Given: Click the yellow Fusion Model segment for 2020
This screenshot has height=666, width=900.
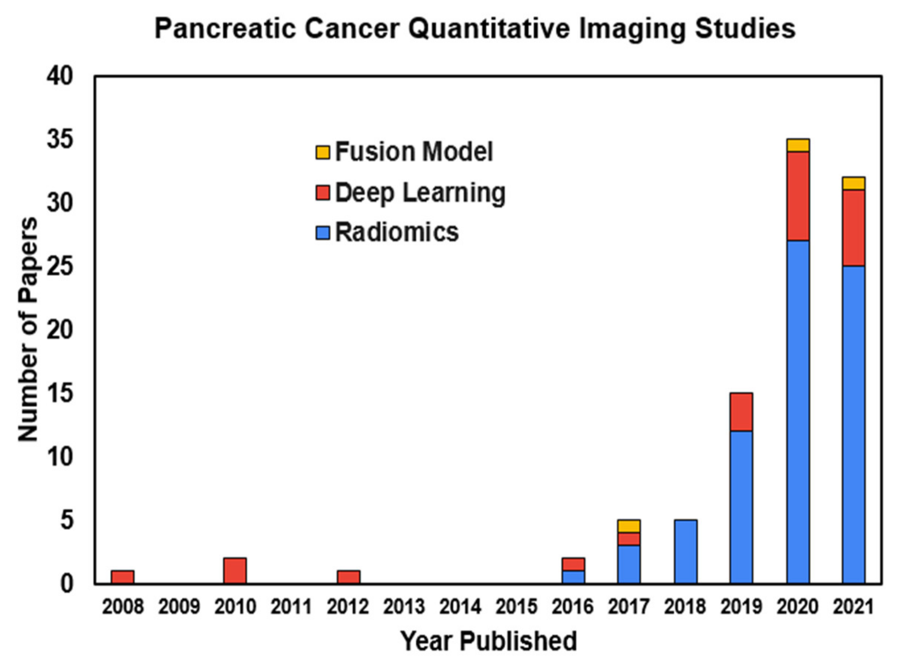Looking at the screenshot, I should pos(798,145).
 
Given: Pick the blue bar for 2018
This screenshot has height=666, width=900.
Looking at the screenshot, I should pos(685,552).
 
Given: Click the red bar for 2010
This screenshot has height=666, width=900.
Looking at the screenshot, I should pos(235,570).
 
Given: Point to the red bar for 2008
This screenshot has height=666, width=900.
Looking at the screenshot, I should pos(123,577).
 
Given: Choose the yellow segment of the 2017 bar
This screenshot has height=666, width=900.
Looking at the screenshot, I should pos(629,526).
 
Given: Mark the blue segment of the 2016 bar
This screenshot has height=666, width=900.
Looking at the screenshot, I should pos(573,577).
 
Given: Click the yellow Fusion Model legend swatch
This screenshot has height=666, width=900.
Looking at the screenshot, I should pos(323,152).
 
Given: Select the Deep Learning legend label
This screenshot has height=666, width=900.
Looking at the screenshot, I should pos(420,193).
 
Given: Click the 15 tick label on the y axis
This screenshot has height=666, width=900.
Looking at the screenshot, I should pos(60,393).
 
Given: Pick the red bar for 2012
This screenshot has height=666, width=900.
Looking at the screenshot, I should pos(348,577).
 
